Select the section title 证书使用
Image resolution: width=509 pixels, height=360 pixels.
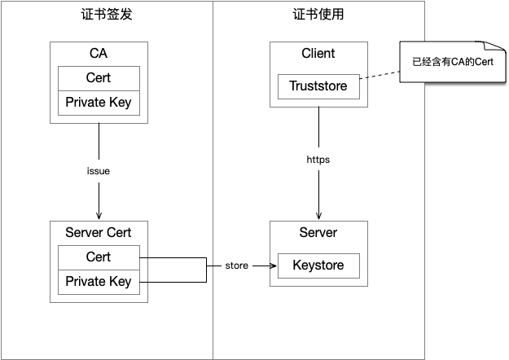point(318,15)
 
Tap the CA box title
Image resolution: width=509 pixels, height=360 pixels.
point(99,54)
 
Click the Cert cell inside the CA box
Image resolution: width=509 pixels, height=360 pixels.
point(99,78)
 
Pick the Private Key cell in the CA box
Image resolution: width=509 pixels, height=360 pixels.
point(99,103)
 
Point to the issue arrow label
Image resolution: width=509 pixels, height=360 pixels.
point(99,172)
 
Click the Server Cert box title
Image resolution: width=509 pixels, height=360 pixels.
point(99,233)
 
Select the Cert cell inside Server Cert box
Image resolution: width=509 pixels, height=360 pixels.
point(99,257)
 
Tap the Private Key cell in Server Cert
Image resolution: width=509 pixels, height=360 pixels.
point(99,282)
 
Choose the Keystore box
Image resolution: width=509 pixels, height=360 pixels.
point(318,266)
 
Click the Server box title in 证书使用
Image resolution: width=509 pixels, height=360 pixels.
point(318,233)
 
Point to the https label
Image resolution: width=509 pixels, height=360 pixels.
point(318,160)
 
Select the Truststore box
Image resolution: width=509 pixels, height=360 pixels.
point(318,86)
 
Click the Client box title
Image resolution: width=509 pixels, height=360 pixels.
point(318,54)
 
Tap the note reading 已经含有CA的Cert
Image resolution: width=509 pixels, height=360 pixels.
point(452,62)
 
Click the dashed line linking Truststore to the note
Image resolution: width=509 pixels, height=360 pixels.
point(379,77)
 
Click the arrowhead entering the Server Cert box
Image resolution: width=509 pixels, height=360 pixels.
point(99,216)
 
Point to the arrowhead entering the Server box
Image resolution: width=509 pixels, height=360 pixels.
point(318,216)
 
